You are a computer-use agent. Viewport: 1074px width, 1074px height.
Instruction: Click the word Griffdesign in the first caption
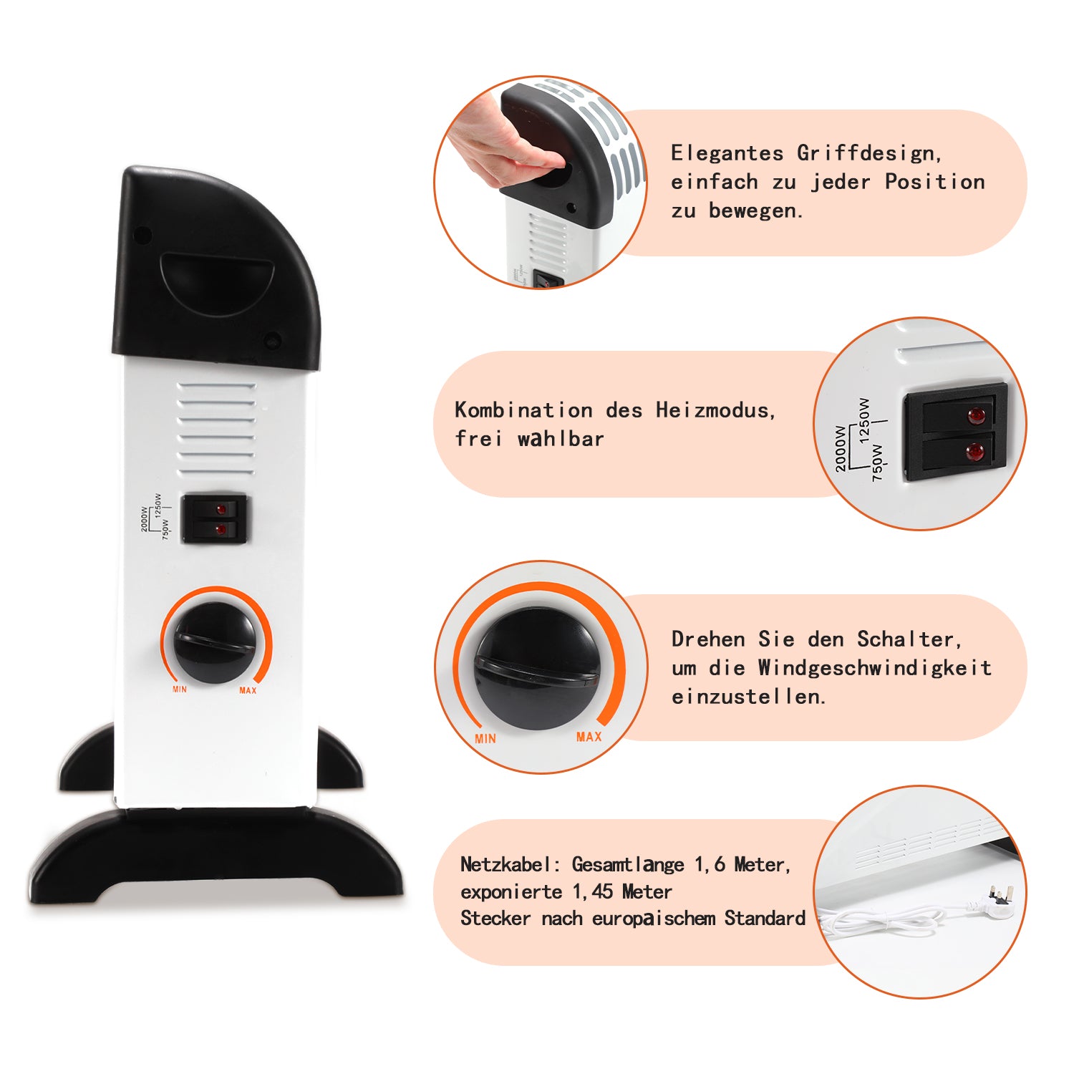tap(869, 154)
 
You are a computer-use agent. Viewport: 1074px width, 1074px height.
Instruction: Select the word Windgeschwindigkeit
tap(875, 669)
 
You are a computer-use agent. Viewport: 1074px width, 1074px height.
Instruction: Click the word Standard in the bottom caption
tap(765, 919)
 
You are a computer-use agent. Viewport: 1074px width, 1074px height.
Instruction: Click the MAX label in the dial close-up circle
tap(589, 737)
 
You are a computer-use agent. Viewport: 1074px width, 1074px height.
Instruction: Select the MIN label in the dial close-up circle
tap(485, 738)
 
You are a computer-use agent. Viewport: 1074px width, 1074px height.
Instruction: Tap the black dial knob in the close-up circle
tap(537, 669)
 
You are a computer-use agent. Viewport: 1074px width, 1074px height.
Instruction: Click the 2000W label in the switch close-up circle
tap(841, 448)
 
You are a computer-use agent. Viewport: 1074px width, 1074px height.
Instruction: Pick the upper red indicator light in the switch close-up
tap(976, 416)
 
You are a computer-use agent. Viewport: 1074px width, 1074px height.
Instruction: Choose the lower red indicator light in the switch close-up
tap(974, 451)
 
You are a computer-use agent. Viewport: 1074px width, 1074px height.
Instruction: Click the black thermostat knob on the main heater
tap(215, 642)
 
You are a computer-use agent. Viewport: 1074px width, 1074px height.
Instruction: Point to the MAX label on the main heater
tap(248, 690)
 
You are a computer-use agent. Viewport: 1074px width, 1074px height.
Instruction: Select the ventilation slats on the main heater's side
tap(216, 428)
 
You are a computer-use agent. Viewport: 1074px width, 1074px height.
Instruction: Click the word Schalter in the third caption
tap(909, 639)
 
